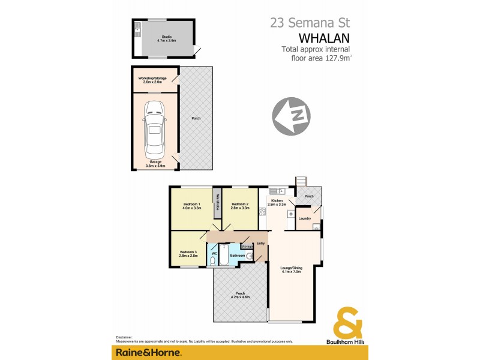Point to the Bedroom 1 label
[192, 206]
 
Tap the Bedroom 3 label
[188, 253]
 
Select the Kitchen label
[277, 200]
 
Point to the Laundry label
[304, 218]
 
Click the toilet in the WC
[213, 261]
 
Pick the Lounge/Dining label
[290, 269]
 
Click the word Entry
[261, 243]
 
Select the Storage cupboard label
[247, 246]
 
